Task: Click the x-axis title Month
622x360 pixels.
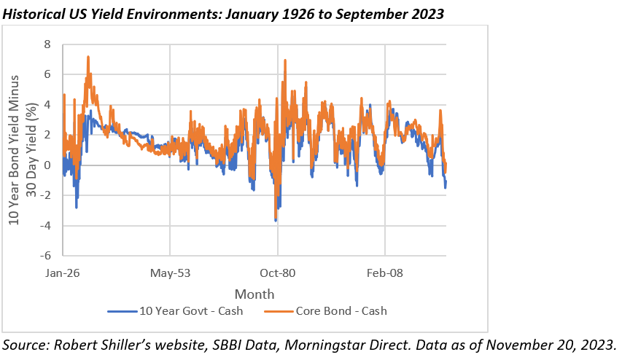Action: [x=254, y=294]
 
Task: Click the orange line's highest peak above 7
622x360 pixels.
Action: [x=88, y=56]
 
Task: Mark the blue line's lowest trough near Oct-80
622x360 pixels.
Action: [x=276, y=220]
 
